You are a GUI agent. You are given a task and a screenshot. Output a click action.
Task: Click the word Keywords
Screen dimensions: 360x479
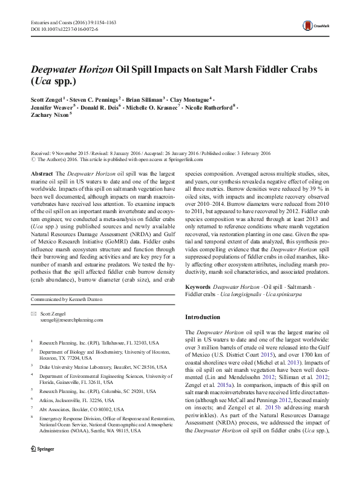point(198,285)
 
